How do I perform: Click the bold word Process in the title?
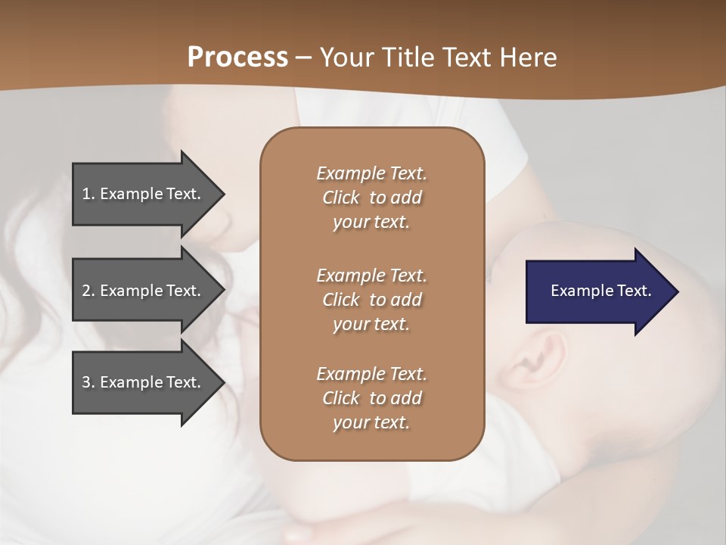click(x=237, y=58)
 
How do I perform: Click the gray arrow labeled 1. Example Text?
click(x=144, y=194)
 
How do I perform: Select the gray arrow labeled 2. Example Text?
click(x=144, y=291)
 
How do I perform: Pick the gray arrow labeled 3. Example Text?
click(x=144, y=382)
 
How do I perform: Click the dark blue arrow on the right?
click(x=597, y=291)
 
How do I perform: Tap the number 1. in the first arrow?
click(x=88, y=195)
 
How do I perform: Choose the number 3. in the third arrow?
click(x=88, y=383)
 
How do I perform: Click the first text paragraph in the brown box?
click(x=371, y=198)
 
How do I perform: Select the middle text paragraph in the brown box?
click(x=371, y=299)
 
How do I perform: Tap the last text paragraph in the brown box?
click(x=371, y=398)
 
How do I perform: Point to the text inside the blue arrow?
click(x=600, y=291)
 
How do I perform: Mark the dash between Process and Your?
click(x=303, y=58)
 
